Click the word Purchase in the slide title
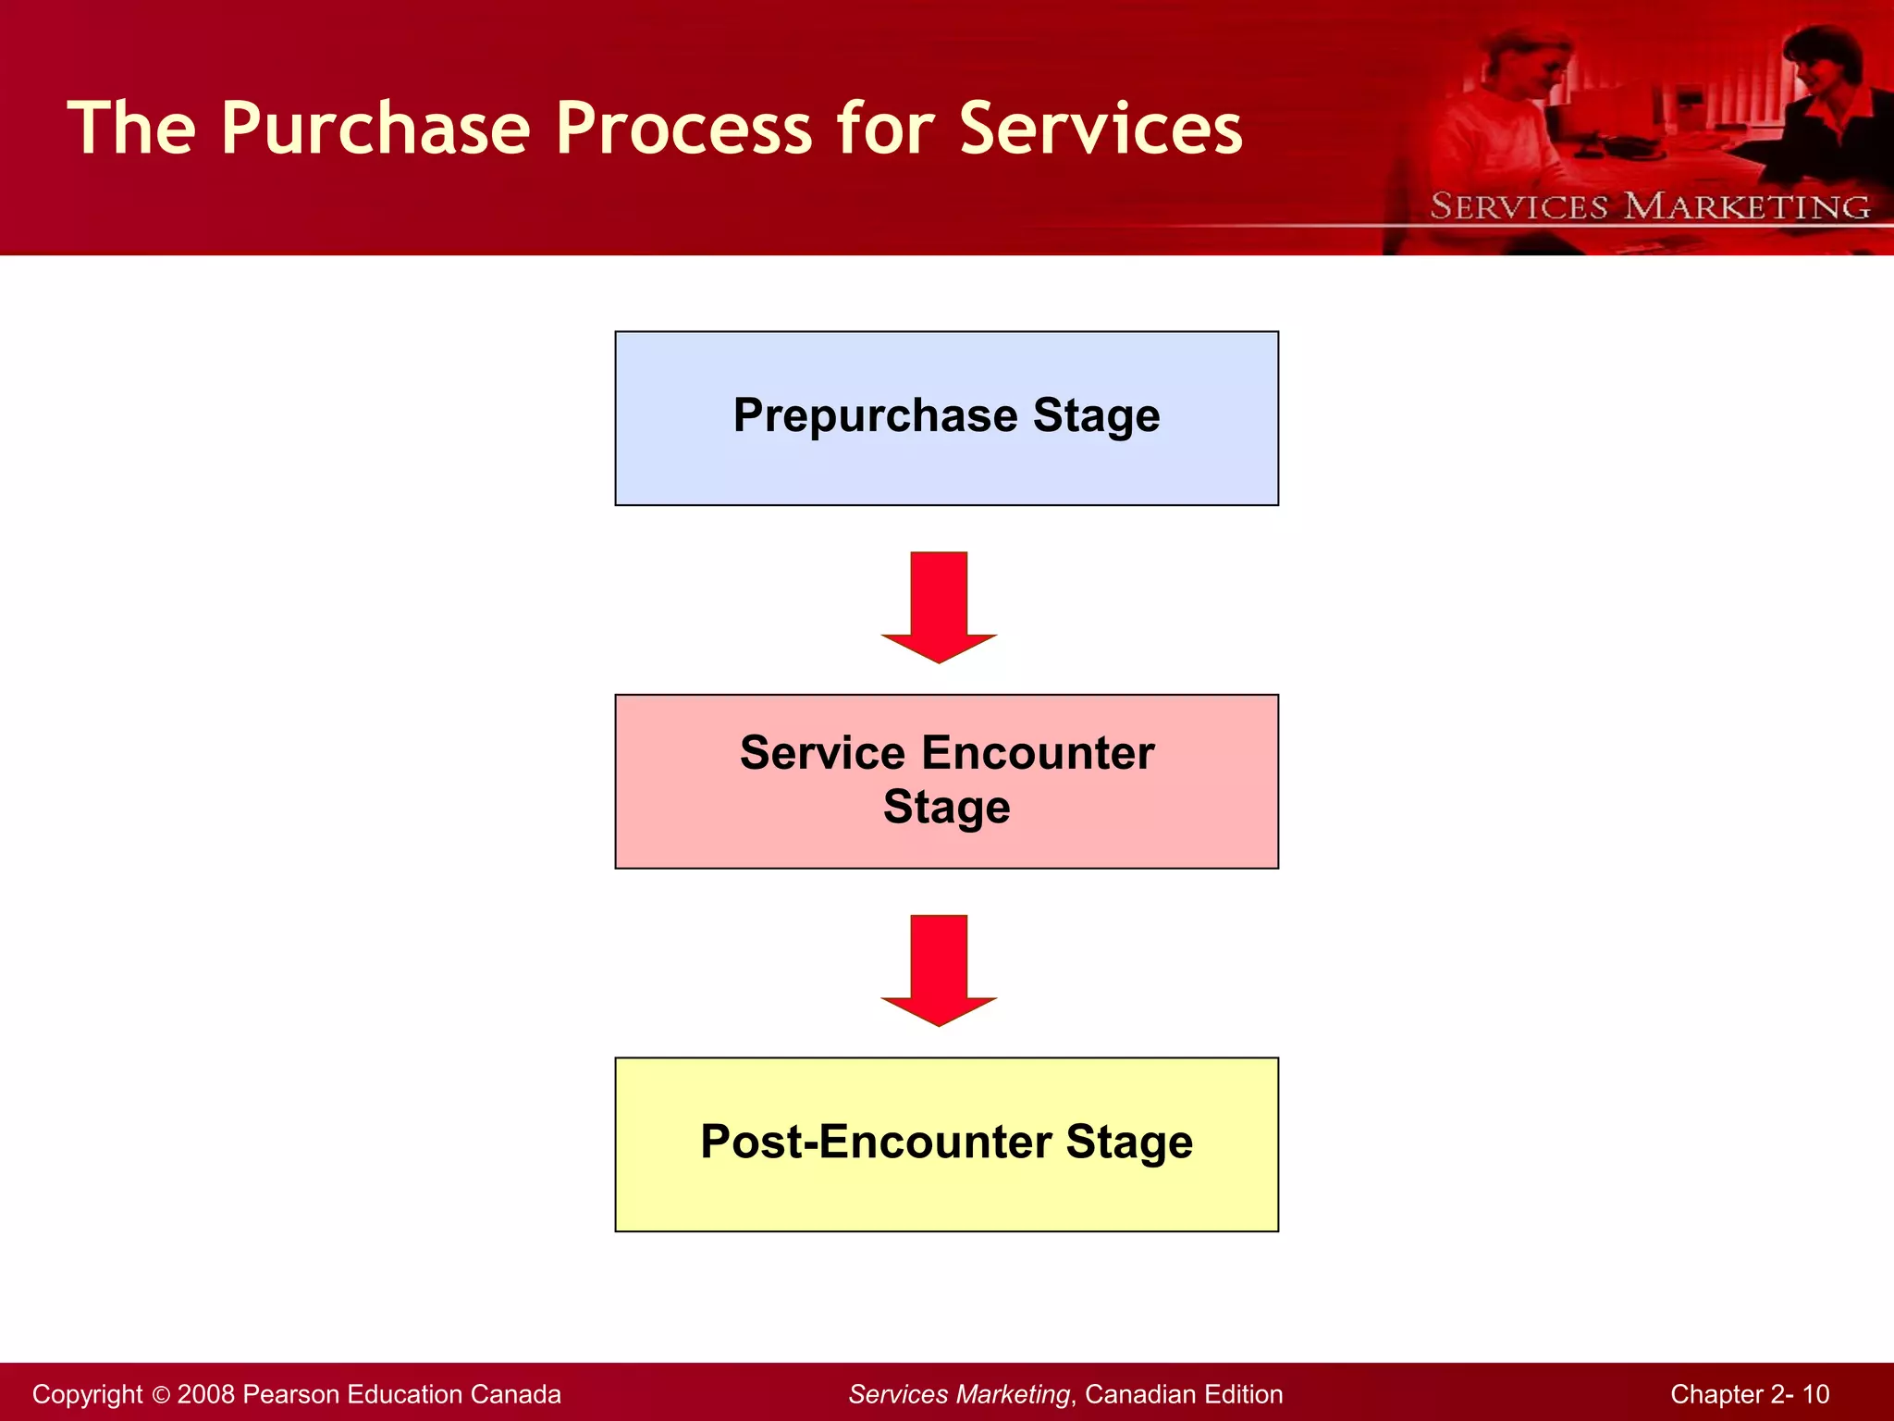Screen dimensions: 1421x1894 (375, 130)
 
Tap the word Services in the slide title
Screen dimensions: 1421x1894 (1101, 130)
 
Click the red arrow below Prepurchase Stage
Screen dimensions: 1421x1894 (939, 606)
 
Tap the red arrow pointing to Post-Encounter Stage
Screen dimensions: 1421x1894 (939, 970)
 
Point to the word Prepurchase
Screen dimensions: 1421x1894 (875, 415)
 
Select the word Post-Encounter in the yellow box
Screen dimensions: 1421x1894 (875, 1142)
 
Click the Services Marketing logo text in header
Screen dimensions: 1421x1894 (1650, 206)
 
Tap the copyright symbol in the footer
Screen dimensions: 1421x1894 (161, 1395)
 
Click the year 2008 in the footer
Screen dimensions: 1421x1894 (205, 1395)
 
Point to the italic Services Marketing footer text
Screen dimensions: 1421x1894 (959, 1395)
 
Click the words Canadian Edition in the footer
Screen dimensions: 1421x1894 (1184, 1395)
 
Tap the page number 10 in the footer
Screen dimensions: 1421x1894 (1815, 1395)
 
